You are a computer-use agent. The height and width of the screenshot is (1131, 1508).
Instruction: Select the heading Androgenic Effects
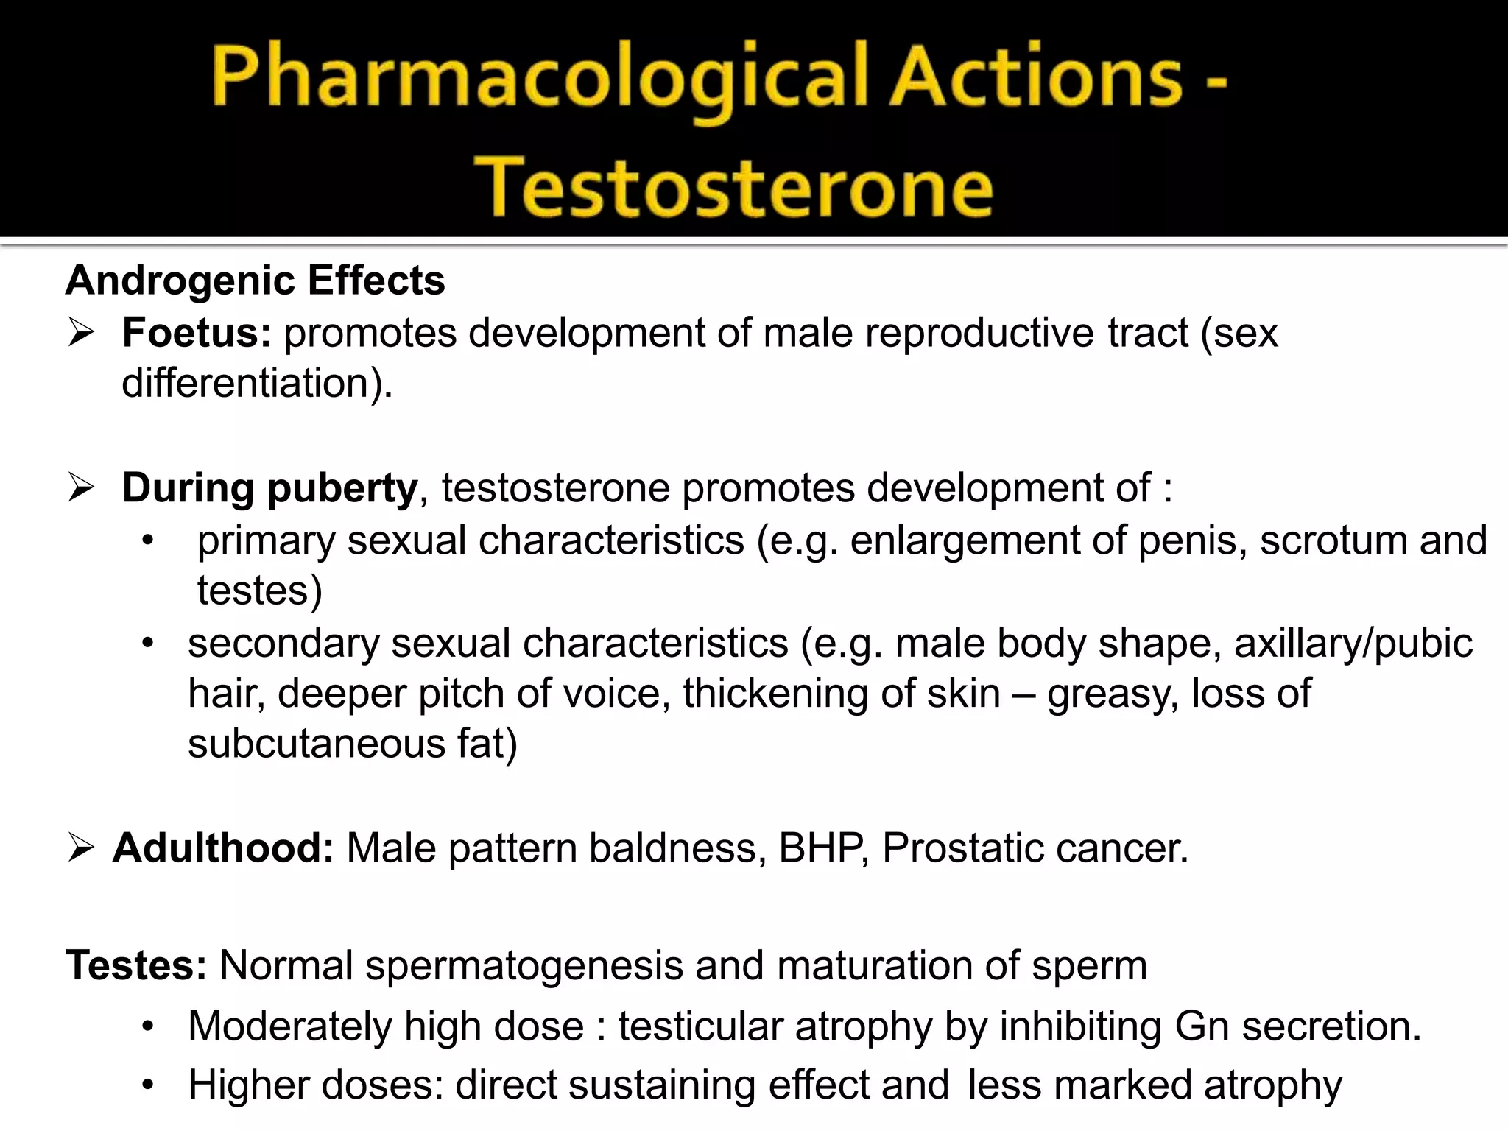pyautogui.click(x=255, y=281)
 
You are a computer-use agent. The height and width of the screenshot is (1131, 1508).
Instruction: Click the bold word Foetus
pyautogui.click(x=197, y=333)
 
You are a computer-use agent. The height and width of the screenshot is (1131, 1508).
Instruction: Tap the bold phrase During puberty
pyautogui.click(x=269, y=488)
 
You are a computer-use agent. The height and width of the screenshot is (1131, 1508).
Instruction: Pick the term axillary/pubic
pyautogui.click(x=1353, y=644)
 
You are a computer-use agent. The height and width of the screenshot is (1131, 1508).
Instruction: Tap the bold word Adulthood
pyautogui.click(x=223, y=848)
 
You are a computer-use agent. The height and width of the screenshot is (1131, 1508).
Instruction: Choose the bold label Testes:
pyautogui.click(x=136, y=965)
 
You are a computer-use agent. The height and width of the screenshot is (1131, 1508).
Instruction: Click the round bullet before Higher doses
pyautogui.click(x=148, y=1085)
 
